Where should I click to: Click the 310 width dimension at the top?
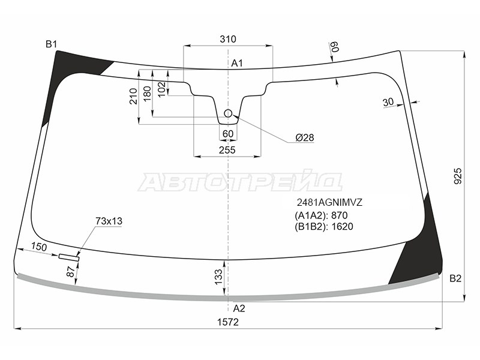(228, 39)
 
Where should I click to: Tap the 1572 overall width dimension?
(228, 322)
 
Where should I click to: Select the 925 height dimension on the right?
(458, 176)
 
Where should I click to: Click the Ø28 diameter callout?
(305, 137)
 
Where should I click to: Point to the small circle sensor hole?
(228, 113)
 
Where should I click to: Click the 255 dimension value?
(227, 150)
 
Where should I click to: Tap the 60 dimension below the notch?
(228, 134)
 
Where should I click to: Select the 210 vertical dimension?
(133, 96)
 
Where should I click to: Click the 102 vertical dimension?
(161, 89)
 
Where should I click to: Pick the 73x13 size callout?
(109, 221)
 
